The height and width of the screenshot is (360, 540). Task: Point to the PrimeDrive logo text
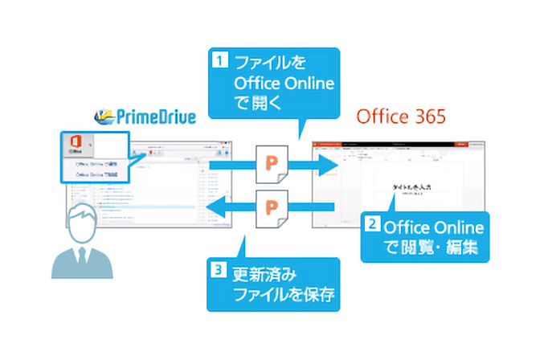tap(157, 117)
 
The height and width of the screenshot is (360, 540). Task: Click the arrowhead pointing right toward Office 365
tap(325, 165)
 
